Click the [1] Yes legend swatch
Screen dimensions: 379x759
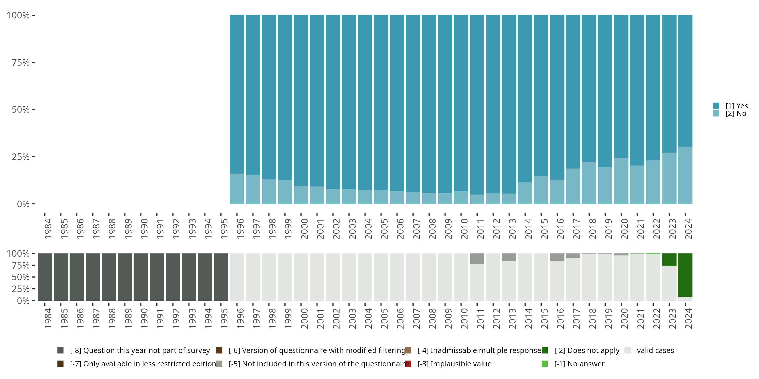(x=716, y=106)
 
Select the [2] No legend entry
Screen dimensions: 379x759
(x=735, y=114)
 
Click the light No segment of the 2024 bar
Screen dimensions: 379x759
(x=685, y=175)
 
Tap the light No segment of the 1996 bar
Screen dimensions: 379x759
(x=237, y=189)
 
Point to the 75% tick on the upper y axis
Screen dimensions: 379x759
(x=34, y=62)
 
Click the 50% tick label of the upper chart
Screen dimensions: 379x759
(x=21, y=110)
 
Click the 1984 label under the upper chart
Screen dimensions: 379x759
(x=48, y=229)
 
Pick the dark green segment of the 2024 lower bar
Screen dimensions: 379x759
(x=685, y=275)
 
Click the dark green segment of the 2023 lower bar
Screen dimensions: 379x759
(x=669, y=259)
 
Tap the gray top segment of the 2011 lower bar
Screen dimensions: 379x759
(x=477, y=258)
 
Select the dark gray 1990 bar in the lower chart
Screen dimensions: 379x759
(x=141, y=277)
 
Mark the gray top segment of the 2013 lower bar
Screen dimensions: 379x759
(x=509, y=257)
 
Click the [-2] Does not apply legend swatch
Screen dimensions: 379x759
(x=544, y=350)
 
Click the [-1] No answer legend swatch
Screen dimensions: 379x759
(x=544, y=364)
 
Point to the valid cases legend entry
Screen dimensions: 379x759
(x=655, y=350)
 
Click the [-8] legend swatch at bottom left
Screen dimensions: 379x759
(x=60, y=350)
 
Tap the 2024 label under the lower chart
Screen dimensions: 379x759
(x=688, y=318)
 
